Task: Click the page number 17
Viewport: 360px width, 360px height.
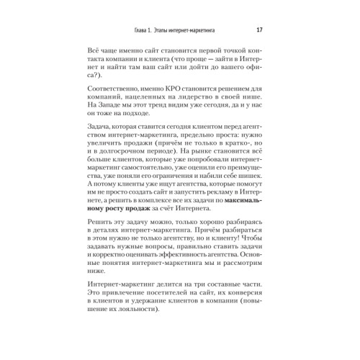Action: [x=259, y=30]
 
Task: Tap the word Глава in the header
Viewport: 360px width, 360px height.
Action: [x=128, y=30]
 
